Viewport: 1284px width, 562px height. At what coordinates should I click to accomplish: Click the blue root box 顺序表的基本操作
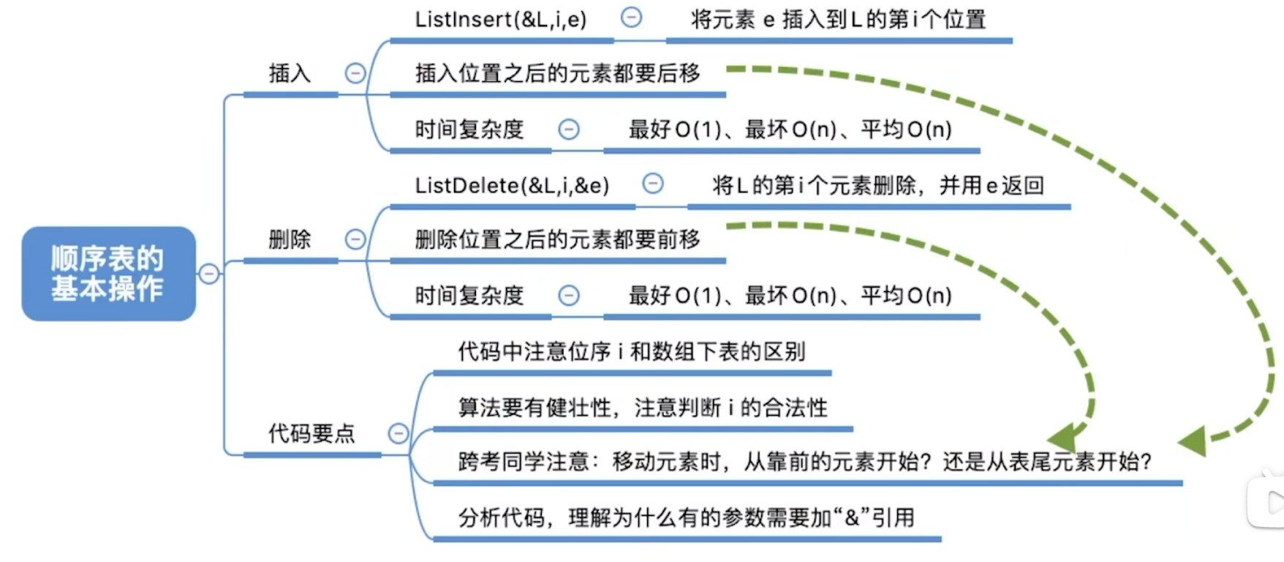(x=108, y=274)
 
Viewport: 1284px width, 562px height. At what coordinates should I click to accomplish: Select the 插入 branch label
(x=290, y=73)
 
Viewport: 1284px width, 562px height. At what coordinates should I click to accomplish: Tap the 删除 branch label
(x=290, y=239)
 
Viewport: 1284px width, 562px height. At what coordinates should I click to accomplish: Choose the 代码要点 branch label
(x=311, y=433)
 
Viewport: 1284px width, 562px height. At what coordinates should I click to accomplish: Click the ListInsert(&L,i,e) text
(x=501, y=20)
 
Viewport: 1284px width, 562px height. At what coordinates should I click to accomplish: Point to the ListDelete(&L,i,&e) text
(x=512, y=186)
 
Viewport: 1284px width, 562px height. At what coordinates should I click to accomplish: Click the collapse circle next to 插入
(x=355, y=73)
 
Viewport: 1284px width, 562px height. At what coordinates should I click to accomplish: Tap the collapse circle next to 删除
(x=355, y=239)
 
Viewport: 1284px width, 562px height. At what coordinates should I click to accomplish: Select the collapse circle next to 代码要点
(x=399, y=433)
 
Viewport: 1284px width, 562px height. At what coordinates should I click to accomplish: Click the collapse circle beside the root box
(x=209, y=274)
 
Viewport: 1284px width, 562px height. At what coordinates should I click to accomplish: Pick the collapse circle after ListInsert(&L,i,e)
(x=632, y=18)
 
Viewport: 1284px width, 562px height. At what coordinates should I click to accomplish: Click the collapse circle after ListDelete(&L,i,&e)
(x=653, y=183)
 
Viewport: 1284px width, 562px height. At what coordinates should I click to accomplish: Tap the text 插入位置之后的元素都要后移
(x=557, y=73)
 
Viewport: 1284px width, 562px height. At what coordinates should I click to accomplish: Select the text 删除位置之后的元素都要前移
(x=557, y=239)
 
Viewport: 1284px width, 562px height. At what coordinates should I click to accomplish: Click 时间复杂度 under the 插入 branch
(x=469, y=130)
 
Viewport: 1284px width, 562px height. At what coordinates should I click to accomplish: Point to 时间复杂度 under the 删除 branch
(x=469, y=296)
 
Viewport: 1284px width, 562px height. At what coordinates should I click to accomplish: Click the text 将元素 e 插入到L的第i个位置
(x=838, y=20)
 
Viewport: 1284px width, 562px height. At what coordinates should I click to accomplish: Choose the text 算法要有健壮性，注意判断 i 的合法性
(x=643, y=408)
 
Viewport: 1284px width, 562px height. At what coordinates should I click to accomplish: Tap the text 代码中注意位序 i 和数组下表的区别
(x=632, y=352)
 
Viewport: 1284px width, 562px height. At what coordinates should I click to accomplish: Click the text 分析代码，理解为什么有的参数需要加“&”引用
(x=686, y=518)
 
